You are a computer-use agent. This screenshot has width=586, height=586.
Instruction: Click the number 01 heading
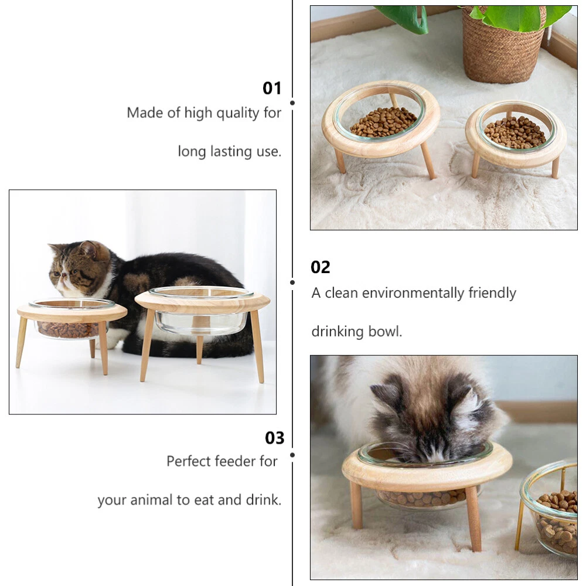272,88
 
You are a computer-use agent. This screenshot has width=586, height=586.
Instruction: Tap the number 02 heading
321,267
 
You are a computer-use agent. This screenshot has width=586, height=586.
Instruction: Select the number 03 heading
275,438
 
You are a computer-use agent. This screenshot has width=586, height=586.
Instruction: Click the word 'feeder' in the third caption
237,461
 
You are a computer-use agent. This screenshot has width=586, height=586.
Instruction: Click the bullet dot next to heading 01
292,103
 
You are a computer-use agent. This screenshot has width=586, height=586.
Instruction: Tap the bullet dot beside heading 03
292,455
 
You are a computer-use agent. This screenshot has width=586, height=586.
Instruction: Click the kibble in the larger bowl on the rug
383,122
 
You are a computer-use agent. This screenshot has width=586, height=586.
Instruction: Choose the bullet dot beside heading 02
292,282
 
